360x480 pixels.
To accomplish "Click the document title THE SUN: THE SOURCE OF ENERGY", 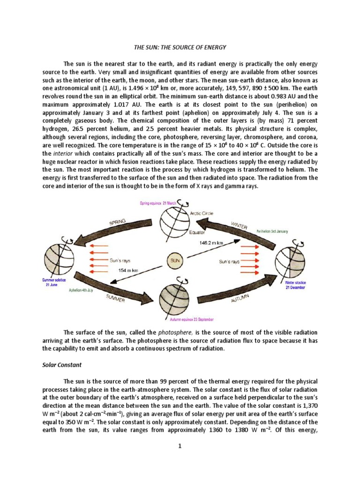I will (x=180, y=47).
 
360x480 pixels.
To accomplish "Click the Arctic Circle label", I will (x=202, y=213).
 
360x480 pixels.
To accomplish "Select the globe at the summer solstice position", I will (x=59, y=259).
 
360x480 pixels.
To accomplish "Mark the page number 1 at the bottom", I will (x=180, y=446).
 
